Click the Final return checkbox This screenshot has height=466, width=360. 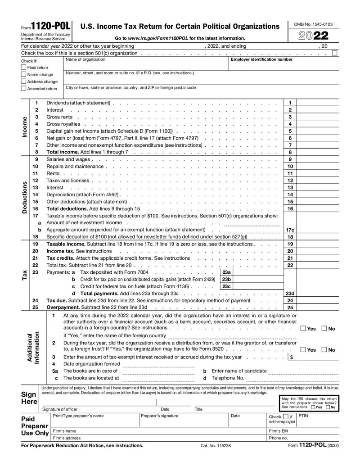coord(24,68)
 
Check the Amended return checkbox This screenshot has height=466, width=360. coord(24,89)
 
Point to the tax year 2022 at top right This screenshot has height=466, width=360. coord(314,36)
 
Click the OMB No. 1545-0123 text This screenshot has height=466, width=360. coord(313,24)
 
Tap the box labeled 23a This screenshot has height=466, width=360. coord(226,272)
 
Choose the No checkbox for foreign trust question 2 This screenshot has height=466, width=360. coord(325,350)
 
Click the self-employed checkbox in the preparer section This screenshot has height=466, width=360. coord(286,417)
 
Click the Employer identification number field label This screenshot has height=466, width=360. coord(261,59)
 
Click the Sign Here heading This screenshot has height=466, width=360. coord(29,398)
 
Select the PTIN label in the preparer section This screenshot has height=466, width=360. coord(303,416)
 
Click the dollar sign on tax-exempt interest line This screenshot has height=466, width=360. coord(292,357)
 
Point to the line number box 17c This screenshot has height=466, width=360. coord(290,230)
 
